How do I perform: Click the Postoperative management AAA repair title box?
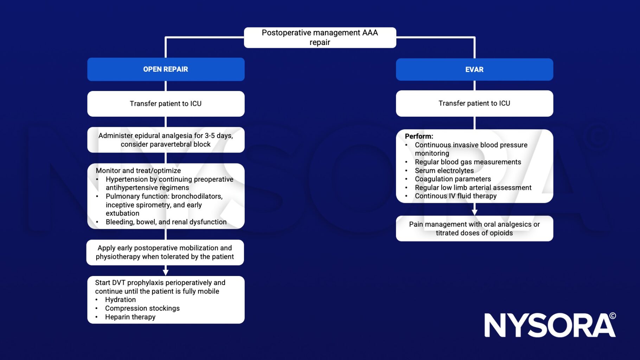pyautogui.click(x=320, y=38)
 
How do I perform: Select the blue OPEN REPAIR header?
pyautogui.click(x=166, y=69)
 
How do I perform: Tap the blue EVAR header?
pyautogui.click(x=474, y=70)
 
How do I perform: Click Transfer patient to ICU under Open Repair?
pyautogui.click(x=166, y=104)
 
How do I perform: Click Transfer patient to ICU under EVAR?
pyautogui.click(x=474, y=103)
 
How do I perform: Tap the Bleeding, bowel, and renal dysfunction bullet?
pyautogui.click(x=166, y=222)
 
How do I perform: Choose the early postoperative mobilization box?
pyautogui.click(x=165, y=252)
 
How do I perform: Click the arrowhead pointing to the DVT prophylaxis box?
pyautogui.click(x=166, y=272)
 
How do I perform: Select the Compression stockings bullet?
pyautogui.click(x=142, y=308)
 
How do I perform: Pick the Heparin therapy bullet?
pyautogui.click(x=130, y=317)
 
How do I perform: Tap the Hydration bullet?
pyautogui.click(x=120, y=300)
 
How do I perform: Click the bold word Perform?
pyautogui.click(x=419, y=136)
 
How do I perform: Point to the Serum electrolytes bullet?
pyautogui.click(x=444, y=171)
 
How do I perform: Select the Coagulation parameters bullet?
pyautogui.click(x=453, y=179)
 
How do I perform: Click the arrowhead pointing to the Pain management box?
pyautogui.click(x=474, y=212)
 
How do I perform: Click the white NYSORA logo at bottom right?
pyautogui.click(x=550, y=326)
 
